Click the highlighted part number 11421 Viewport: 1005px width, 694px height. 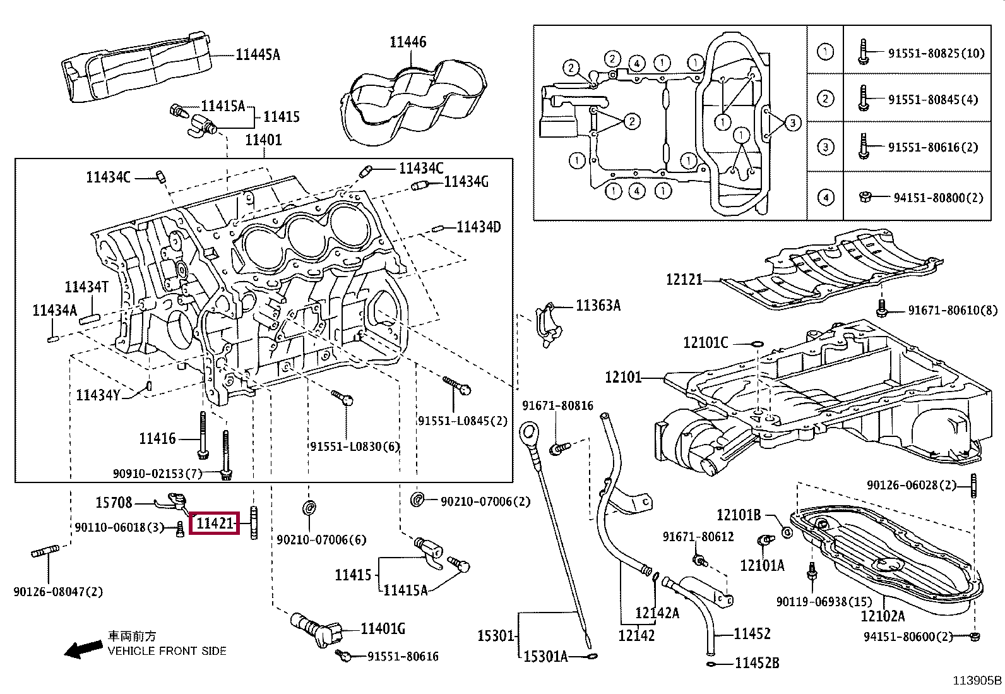pyautogui.click(x=215, y=523)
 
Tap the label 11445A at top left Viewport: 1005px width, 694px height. pyautogui.click(x=258, y=55)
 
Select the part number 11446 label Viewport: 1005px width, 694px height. pyautogui.click(x=408, y=42)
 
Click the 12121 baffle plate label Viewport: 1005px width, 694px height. pyautogui.click(x=684, y=280)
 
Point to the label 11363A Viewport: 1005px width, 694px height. pyautogui.click(x=598, y=306)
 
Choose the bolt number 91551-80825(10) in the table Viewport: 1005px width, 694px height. pyautogui.click(x=936, y=54)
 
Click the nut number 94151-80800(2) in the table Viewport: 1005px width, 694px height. pyautogui.click(x=938, y=198)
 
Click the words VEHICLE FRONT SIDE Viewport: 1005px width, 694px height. pyautogui.click(x=167, y=651)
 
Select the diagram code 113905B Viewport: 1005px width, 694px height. pyautogui.click(x=977, y=681)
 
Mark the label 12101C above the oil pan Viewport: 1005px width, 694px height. pyautogui.click(x=705, y=343)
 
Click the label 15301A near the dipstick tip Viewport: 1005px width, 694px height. pyautogui.click(x=545, y=657)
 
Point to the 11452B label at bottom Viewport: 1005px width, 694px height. pyautogui.click(x=757, y=663)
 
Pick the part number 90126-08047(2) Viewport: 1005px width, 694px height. pyautogui.click(x=58, y=592)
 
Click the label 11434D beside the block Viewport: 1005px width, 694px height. pyautogui.click(x=479, y=227)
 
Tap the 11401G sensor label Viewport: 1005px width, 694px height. pyautogui.click(x=383, y=629)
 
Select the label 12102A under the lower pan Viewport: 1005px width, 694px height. pyautogui.click(x=883, y=616)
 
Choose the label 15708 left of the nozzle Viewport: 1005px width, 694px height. pyautogui.click(x=114, y=502)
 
